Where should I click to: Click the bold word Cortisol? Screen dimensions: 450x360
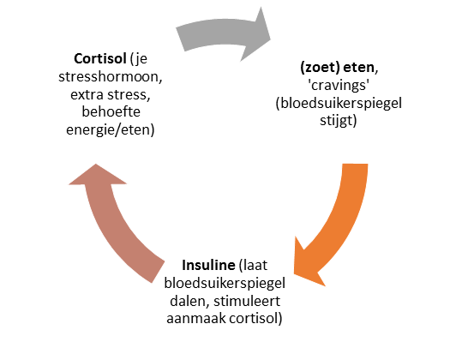(x=100, y=59)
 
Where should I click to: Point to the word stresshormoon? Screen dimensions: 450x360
(x=111, y=76)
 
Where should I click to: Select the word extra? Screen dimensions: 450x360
(x=87, y=95)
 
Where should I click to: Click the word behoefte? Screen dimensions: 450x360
(x=111, y=111)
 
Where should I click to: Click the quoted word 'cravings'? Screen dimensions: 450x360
(x=339, y=85)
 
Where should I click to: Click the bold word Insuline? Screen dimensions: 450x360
(x=208, y=265)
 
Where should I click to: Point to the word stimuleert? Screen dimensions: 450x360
(x=247, y=301)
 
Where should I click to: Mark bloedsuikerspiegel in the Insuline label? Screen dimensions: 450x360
(x=225, y=284)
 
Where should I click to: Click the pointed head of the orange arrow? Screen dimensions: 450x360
(x=295, y=273)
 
